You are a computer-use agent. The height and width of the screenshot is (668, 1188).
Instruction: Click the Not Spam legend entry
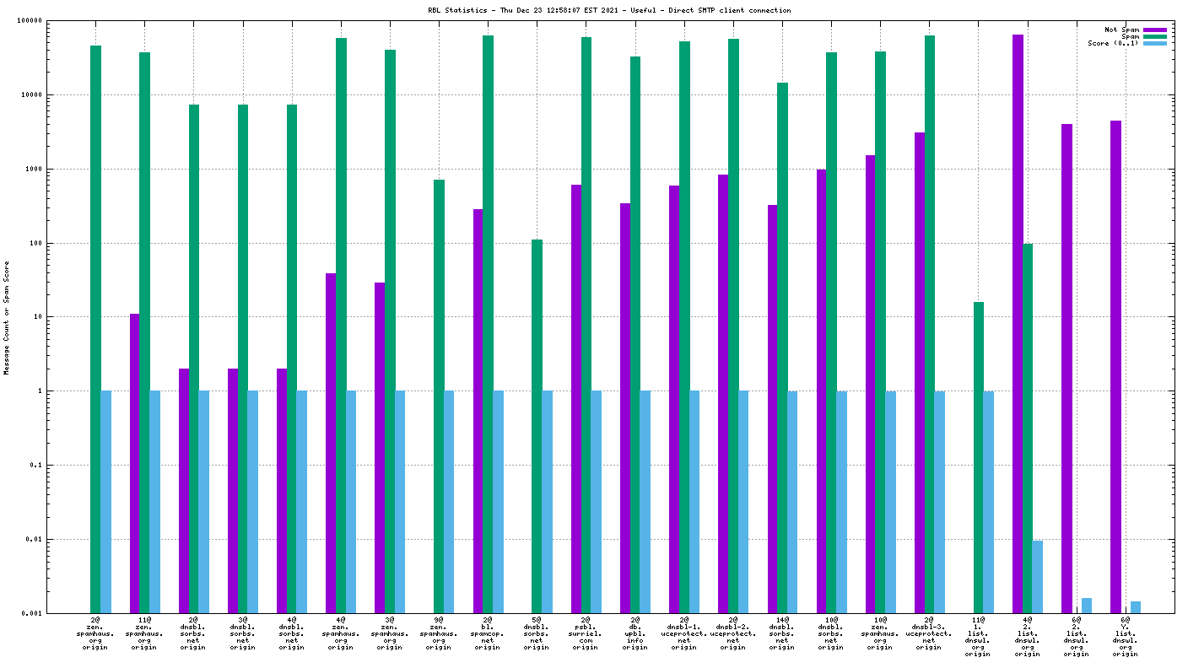(x=1121, y=30)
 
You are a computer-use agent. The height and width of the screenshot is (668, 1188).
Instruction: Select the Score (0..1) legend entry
(x=1113, y=43)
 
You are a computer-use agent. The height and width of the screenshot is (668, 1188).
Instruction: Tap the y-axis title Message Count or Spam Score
(x=7, y=317)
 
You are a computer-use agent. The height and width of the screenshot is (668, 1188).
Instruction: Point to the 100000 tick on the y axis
(x=56, y=21)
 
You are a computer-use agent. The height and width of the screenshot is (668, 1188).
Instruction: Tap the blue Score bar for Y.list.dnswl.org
(x=1136, y=607)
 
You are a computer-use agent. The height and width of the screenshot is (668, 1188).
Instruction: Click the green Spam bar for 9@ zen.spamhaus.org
(x=439, y=396)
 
